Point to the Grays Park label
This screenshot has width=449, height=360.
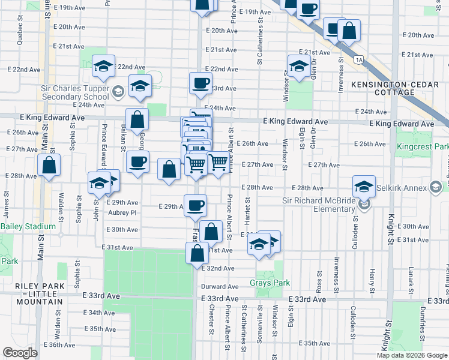270,283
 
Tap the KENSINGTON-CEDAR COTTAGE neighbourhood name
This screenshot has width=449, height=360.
391,88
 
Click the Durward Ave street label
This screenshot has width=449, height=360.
220,287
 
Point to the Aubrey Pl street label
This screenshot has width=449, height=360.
123,212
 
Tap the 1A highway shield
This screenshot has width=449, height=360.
359,59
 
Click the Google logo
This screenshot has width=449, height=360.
20,353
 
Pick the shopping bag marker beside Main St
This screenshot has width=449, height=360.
49,166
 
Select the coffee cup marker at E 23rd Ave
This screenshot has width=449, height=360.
200,83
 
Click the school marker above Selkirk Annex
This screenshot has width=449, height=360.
364,186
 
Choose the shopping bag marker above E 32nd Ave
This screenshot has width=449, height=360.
197,253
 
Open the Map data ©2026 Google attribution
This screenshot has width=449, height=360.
412,355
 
